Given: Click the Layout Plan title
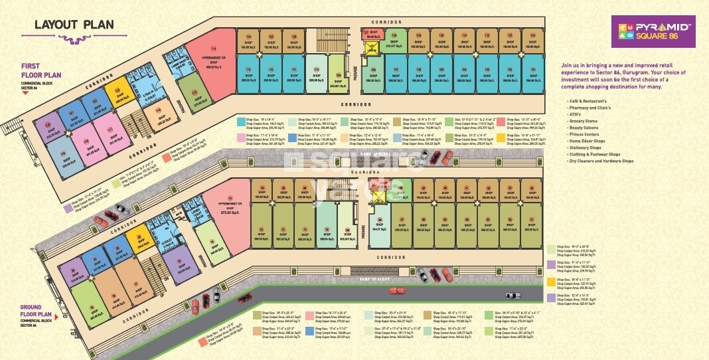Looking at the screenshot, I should point(74,25).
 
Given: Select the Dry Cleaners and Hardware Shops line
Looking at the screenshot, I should point(600,161).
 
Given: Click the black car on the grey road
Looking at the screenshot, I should point(514,295).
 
